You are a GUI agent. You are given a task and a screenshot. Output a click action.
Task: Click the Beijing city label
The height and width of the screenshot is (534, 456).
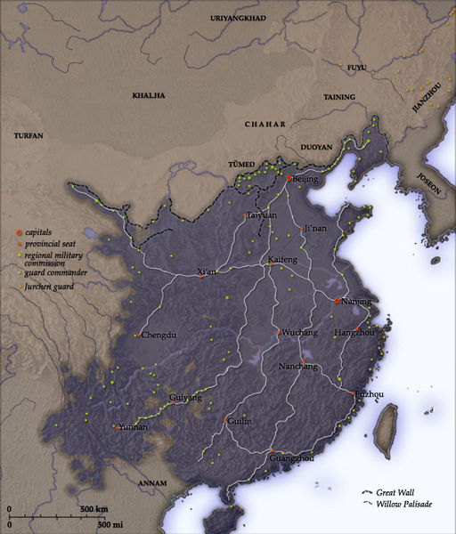[x=305, y=179]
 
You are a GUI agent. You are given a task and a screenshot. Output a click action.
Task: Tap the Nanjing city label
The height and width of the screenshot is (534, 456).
[x=355, y=302]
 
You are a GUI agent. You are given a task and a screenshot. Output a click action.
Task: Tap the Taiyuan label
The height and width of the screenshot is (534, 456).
[x=261, y=215]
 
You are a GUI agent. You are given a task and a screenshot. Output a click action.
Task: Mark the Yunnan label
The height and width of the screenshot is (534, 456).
[x=131, y=427]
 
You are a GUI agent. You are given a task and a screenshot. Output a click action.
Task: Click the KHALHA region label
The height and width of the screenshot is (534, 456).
[x=149, y=94]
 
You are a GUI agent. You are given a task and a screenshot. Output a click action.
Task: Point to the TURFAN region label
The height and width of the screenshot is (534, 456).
[x=29, y=134]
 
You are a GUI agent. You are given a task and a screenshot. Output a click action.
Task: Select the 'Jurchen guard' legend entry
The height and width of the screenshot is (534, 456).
[x=50, y=287]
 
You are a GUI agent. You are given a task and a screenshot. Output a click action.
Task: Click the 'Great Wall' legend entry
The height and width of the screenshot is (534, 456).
[x=395, y=492]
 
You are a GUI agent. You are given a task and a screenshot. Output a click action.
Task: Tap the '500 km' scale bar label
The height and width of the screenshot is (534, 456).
[x=94, y=509]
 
